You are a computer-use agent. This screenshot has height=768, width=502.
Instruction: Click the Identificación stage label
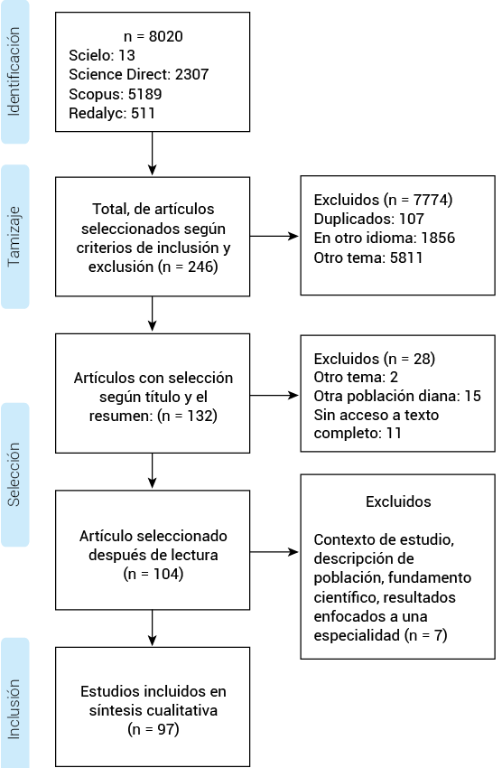pos(14,71)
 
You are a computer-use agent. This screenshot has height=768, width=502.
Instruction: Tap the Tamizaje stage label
pos(14,237)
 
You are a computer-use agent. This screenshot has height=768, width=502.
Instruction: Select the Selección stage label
pos(14,474)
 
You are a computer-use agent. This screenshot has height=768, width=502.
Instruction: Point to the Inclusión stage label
pos(14,708)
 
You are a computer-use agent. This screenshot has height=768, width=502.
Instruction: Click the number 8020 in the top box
pos(166,36)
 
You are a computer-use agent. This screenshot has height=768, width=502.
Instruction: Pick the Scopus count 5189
pos(144,94)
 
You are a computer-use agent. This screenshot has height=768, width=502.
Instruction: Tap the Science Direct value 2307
pos(191,74)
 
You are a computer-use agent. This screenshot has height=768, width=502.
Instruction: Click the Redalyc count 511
pos(143,113)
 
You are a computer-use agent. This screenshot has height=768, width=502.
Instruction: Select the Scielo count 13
pos(126,55)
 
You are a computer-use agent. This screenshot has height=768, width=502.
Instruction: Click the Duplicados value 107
pos(412,219)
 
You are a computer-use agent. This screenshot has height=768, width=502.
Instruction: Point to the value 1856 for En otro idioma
pos(438,238)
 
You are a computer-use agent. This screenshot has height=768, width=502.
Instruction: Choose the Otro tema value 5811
pos(406,258)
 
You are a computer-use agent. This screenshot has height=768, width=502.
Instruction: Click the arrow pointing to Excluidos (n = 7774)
pos(274,237)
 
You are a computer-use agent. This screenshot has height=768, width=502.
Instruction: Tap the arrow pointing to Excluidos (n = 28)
pos(274,395)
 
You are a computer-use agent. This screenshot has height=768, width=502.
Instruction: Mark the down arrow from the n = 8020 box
pos(153,154)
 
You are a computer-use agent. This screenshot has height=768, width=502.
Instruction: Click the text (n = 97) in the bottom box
pos(153,729)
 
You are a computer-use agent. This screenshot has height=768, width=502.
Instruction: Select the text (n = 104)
pos(153,574)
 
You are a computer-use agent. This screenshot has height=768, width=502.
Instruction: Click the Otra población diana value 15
pos(472,396)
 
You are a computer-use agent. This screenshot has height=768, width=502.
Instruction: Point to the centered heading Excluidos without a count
pos(398,501)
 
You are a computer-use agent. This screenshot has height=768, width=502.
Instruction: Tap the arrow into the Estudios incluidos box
pos(153,628)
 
